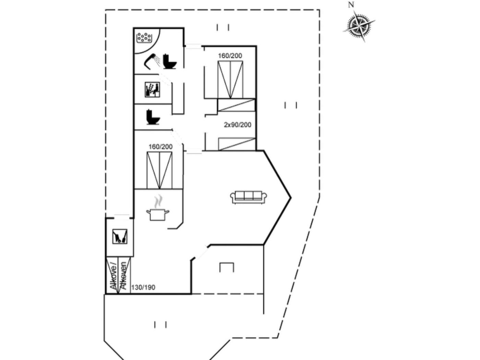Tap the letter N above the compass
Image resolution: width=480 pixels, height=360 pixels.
click(x=351, y=5)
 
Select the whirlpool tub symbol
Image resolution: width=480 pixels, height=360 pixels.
click(x=144, y=37)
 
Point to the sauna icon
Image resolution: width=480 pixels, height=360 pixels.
click(x=153, y=89)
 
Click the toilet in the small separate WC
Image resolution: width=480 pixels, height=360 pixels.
click(x=153, y=117)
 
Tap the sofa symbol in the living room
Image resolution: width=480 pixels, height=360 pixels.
click(x=249, y=197)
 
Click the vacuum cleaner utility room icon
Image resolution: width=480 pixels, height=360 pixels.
click(x=120, y=237)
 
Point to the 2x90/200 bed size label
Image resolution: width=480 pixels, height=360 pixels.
click(x=238, y=125)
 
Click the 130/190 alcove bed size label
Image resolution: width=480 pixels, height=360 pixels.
click(x=143, y=287)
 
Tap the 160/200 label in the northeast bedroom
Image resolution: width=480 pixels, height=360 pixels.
click(x=230, y=56)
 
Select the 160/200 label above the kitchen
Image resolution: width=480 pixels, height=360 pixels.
click(x=160, y=147)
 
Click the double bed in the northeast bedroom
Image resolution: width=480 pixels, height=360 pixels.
click(x=230, y=80)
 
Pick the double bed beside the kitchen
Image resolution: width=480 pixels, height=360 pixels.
click(x=160, y=170)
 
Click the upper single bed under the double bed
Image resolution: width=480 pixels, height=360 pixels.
click(x=236, y=105)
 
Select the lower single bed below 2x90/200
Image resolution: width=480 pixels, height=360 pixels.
click(x=237, y=144)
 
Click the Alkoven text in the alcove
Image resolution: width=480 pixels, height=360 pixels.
click(x=124, y=276)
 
